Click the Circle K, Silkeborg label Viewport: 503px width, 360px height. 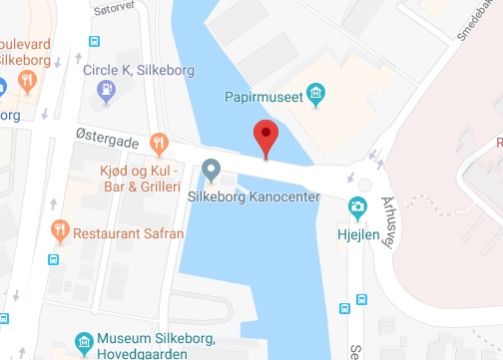138,70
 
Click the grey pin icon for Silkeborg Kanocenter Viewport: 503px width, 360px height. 211,172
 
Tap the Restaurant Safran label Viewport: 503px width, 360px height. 130,233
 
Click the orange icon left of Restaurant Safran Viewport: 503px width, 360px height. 61,231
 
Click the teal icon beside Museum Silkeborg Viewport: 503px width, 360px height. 86,344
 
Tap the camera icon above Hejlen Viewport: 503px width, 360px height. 356,206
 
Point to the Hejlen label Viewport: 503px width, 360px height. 356,228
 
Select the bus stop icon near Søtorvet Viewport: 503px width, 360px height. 93,42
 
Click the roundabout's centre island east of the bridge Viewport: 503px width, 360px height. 365,184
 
